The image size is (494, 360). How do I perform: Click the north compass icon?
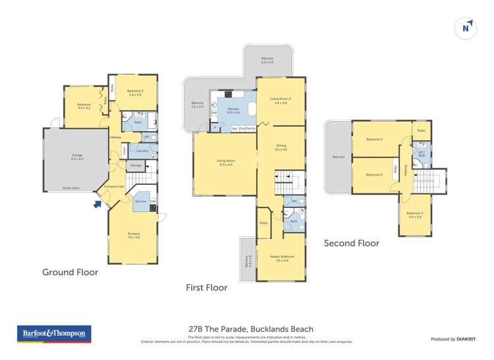tap(466, 28)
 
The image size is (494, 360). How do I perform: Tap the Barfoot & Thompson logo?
tap(52, 334)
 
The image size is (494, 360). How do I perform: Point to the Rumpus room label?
tap(134, 235)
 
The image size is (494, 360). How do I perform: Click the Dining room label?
tap(281, 148)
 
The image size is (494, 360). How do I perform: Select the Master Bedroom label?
tap(281, 258)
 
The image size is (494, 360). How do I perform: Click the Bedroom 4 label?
tap(374, 174)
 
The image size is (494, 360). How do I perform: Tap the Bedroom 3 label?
tap(414, 215)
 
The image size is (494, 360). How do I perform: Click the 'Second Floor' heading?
tap(351, 244)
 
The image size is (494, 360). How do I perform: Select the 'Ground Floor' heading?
tap(70, 272)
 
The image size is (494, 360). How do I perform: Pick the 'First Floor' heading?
tap(207, 288)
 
